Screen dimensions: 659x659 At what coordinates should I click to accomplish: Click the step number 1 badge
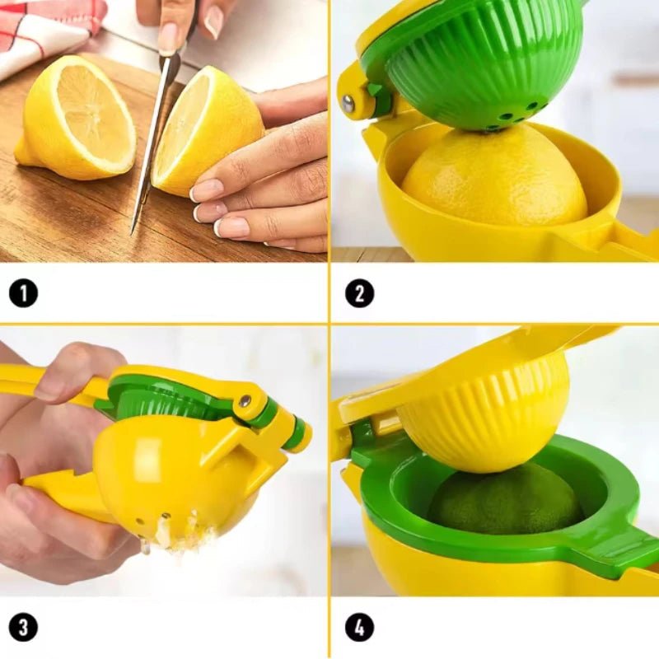(x=24, y=293)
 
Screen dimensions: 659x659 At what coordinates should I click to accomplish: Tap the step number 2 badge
(x=360, y=293)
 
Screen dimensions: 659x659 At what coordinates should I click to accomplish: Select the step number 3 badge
(x=24, y=628)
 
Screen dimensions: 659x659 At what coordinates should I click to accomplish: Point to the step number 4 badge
(x=360, y=628)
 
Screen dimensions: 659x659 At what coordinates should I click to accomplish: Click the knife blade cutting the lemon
(x=152, y=143)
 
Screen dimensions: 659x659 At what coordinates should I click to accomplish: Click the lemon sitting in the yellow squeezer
(x=493, y=176)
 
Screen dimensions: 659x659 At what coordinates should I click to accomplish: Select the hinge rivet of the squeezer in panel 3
(x=245, y=401)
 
